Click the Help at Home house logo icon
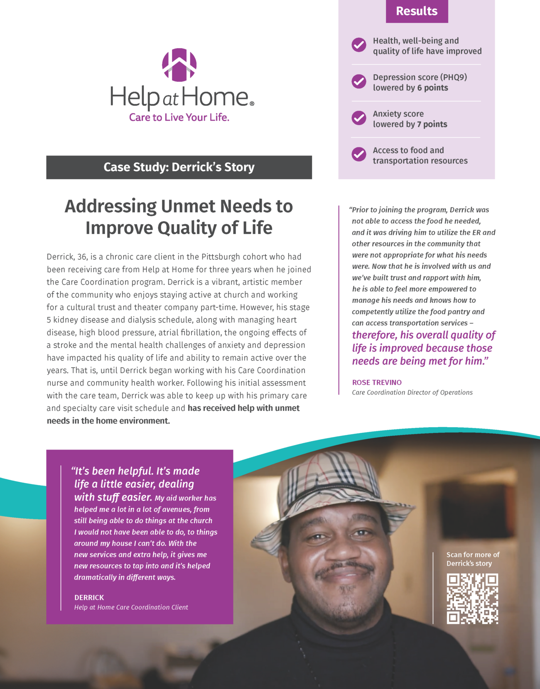(x=179, y=65)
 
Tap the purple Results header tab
(x=417, y=11)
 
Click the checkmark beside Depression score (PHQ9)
(x=359, y=82)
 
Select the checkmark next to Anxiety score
(x=359, y=118)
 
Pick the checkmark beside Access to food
(x=359, y=154)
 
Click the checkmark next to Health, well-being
(x=359, y=45)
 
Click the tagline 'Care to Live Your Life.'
(x=179, y=117)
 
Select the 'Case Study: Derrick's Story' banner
(x=179, y=167)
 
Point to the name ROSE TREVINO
(x=377, y=383)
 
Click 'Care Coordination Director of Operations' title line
(x=412, y=393)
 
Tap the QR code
(x=472, y=599)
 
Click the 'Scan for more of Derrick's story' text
(x=473, y=559)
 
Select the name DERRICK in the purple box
(x=89, y=598)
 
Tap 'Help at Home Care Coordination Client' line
(x=131, y=608)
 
